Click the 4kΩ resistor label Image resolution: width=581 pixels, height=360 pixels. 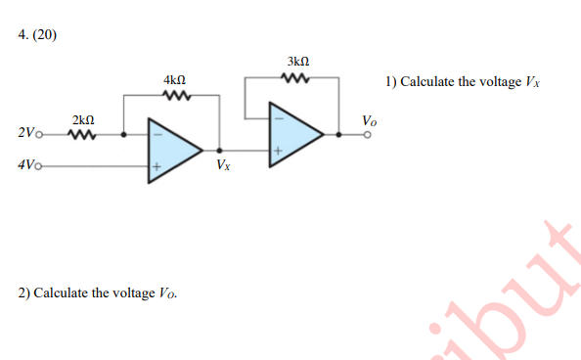pyautogui.click(x=175, y=79)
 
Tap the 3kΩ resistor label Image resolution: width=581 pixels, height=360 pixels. pyautogui.click(x=298, y=61)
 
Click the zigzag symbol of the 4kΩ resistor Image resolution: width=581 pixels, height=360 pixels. pyautogui.click(x=176, y=96)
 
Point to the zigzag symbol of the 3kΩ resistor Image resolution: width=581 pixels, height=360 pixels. pyautogui.click(x=298, y=77)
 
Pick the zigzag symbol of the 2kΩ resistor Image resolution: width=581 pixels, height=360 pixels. pyautogui.click(x=83, y=135)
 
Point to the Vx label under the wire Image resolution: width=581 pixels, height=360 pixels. pyautogui.click(x=224, y=165)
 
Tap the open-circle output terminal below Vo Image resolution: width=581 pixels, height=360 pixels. pyautogui.click(x=369, y=136)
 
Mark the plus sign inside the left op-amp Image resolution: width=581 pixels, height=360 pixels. pyautogui.click(x=155, y=167)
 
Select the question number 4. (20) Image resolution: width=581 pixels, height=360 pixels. pyautogui.click(x=38, y=35)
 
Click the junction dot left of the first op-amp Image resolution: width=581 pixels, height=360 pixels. pyautogui.click(x=122, y=135)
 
